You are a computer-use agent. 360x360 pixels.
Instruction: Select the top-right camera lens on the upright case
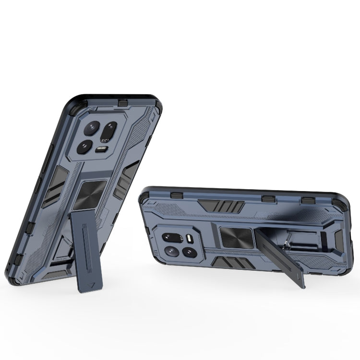110,130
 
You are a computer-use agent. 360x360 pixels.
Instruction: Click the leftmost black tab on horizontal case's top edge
177,194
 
